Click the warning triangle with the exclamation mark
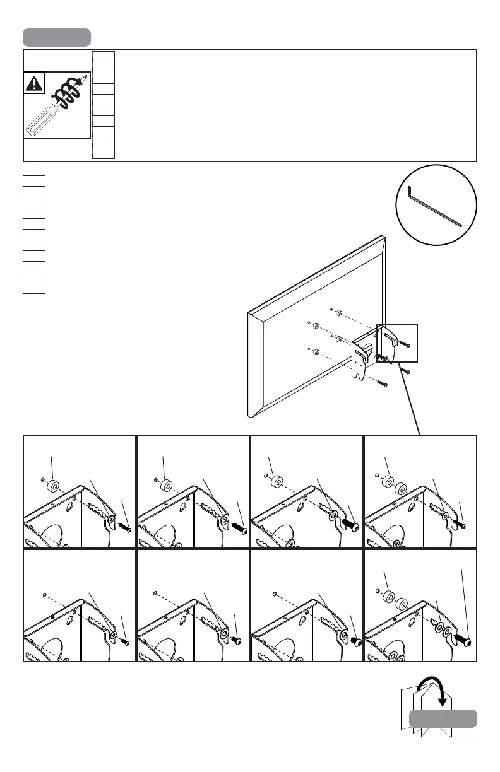pos(34,83)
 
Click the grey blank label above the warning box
pos(57,37)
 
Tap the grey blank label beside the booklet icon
pos(443,718)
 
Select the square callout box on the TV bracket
pos(397,342)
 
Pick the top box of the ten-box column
pos(103,57)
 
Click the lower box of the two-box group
pos(33,288)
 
